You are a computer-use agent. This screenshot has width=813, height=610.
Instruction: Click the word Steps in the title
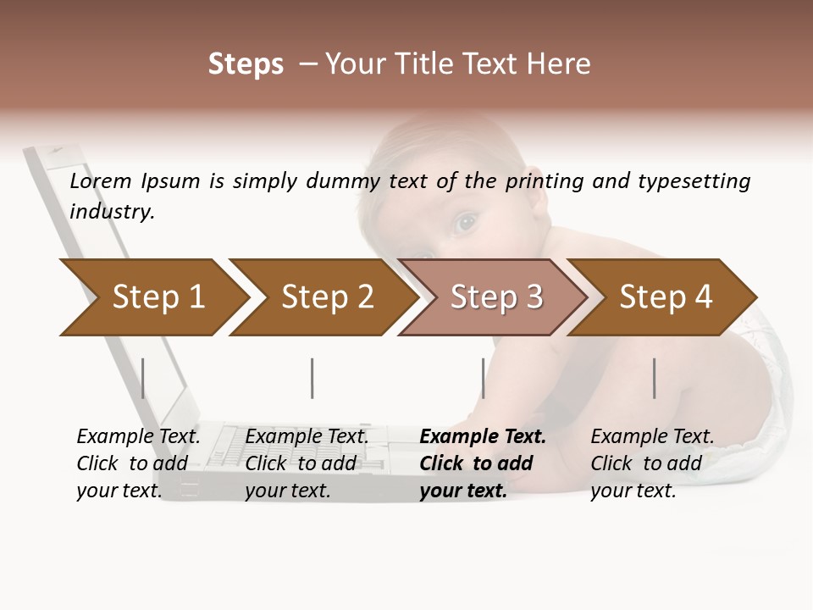[246, 64]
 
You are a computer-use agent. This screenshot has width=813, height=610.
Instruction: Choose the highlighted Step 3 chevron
[496, 297]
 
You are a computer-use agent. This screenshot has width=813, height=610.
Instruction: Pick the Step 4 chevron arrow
[666, 297]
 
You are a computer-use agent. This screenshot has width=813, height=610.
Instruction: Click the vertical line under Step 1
[143, 378]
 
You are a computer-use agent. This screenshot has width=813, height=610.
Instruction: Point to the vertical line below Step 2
[312, 378]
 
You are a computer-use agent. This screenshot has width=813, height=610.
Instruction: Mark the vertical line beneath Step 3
[483, 378]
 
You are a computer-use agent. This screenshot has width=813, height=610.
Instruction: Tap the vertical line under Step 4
[654, 378]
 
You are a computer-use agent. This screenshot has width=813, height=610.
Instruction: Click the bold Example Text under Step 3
[483, 437]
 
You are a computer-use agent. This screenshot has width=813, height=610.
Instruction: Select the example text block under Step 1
[138, 463]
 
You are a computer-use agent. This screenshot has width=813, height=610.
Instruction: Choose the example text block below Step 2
[307, 463]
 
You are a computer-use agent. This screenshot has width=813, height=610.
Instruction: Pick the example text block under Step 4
[652, 463]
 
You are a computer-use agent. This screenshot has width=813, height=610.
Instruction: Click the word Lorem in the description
[101, 181]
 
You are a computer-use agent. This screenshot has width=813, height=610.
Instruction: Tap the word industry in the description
[112, 212]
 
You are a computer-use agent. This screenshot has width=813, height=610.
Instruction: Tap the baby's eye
[464, 223]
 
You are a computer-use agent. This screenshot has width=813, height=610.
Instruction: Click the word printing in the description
[543, 181]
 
